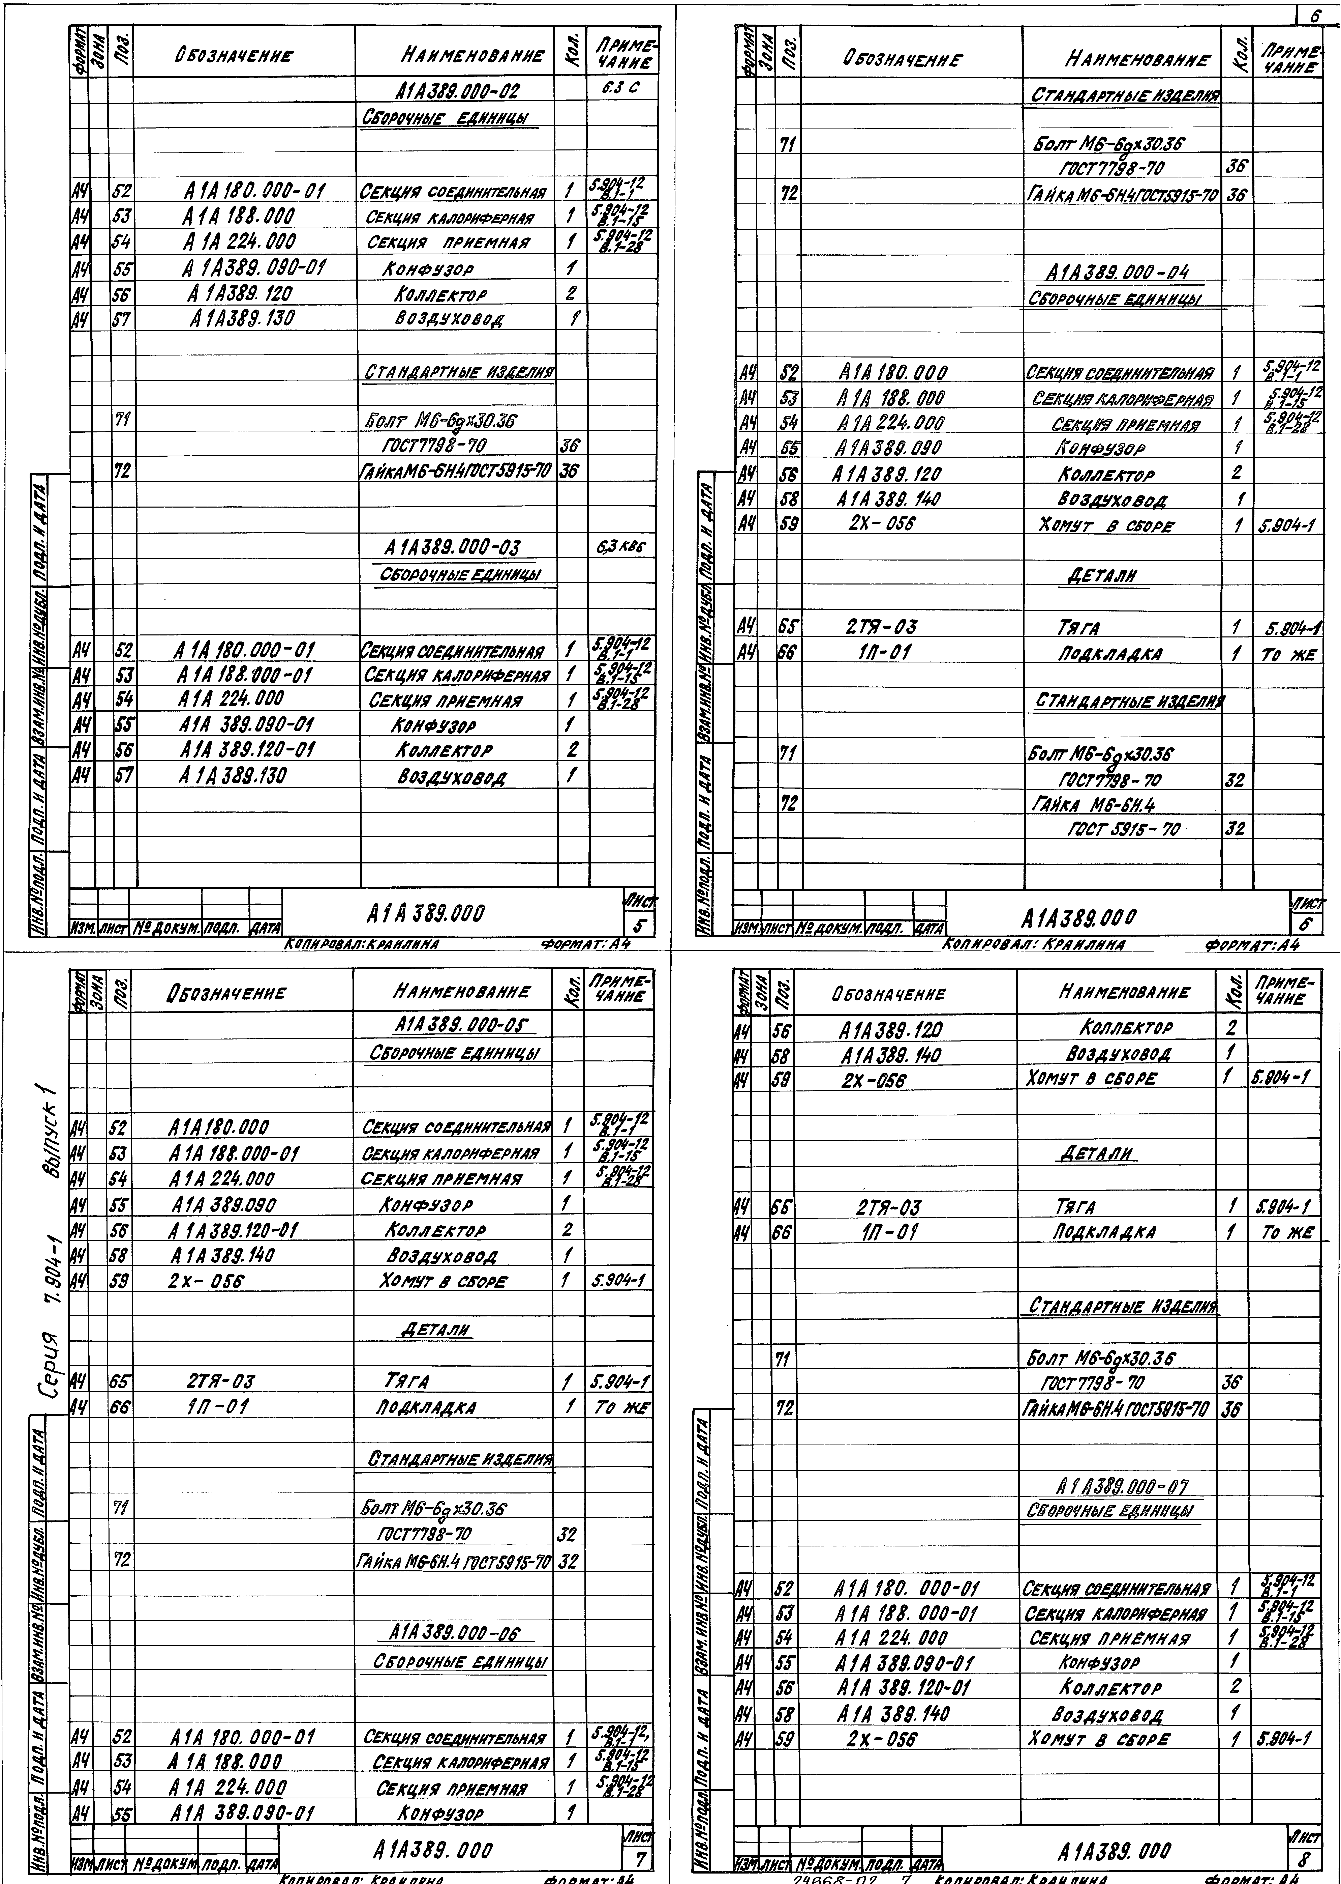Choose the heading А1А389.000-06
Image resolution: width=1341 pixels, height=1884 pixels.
point(460,1634)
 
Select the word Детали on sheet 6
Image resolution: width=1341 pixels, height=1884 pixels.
point(1102,576)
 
